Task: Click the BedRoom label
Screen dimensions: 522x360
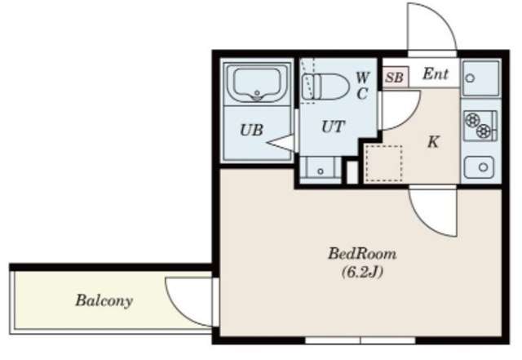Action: click(x=362, y=254)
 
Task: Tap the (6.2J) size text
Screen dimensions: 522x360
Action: click(x=362, y=273)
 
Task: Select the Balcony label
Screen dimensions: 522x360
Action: click(x=104, y=300)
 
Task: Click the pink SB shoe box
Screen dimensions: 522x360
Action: click(x=395, y=77)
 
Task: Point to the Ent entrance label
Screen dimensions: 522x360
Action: click(x=436, y=73)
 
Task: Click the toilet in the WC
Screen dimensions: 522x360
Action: click(x=325, y=87)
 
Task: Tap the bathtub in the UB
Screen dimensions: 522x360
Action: click(x=256, y=83)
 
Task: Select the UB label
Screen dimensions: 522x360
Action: click(x=252, y=130)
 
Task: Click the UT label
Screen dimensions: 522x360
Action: click(x=333, y=127)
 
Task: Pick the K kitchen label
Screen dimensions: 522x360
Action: click(x=433, y=142)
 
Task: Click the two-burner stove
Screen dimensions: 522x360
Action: click(x=480, y=125)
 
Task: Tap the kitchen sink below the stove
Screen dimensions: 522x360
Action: click(x=480, y=167)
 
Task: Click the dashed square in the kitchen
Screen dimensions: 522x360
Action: click(x=384, y=163)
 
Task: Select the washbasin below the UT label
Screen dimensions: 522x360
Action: click(x=321, y=170)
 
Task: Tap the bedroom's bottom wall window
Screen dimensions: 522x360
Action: click(x=361, y=340)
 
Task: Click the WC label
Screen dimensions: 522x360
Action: click(x=362, y=86)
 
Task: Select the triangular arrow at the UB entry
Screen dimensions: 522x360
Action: click(x=281, y=143)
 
